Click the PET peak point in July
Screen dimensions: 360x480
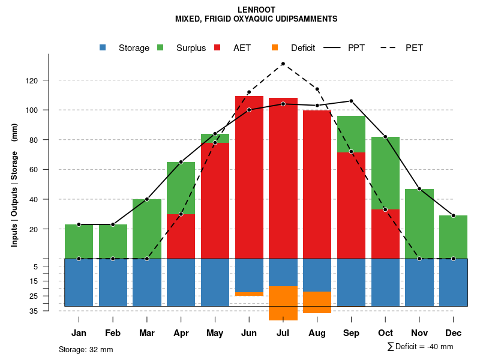click(283, 64)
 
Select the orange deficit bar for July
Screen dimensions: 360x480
click(283, 303)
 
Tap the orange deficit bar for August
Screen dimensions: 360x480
click(317, 302)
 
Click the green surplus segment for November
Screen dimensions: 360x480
click(419, 224)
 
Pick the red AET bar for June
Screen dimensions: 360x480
click(249, 177)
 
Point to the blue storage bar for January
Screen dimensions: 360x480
click(79, 282)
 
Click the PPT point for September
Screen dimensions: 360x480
click(351, 101)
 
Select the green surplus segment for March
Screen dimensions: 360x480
click(147, 229)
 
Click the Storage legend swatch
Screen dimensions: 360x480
click(103, 48)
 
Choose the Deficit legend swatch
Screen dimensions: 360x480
click(275, 48)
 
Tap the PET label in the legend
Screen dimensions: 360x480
click(414, 48)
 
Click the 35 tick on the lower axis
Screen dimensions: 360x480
click(49, 311)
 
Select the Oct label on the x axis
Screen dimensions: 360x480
click(385, 333)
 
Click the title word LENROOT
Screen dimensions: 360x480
click(256, 10)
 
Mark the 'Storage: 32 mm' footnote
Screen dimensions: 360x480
click(86, 349)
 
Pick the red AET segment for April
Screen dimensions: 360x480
click(181, 236)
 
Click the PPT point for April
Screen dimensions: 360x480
click(181, 162)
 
